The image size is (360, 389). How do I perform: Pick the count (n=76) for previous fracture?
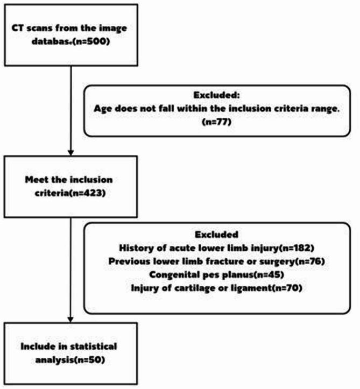(x=284, y=261)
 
